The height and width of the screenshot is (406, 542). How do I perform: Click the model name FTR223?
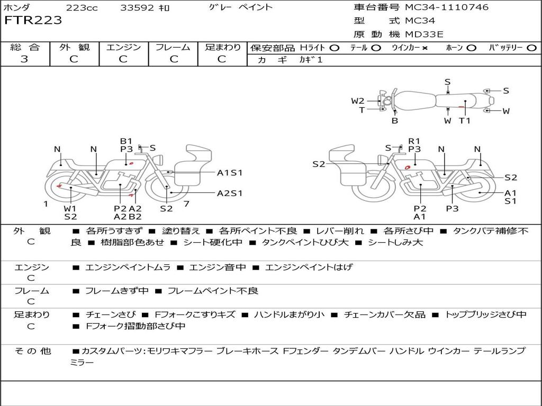click(x=33, y=21)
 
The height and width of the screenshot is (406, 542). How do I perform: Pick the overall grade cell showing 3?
click(x=24, y=59)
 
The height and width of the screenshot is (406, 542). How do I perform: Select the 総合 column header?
click(x=24, y=48)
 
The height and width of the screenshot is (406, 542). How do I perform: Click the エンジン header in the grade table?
click(x=123, y=48)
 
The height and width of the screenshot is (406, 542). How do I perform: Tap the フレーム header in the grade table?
click(x=173, y=48)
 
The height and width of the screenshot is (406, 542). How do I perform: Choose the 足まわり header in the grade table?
click(x=222, y=48)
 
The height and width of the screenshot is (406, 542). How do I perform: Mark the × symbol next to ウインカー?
click(x=425, y=48)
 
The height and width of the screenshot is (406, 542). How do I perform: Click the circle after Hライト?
click(x=334, y=48)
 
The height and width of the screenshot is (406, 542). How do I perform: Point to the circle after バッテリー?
click(x=531, y=48)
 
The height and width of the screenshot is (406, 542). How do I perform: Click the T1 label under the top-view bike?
click(x=464, y=121)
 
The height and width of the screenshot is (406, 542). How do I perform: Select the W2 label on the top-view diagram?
click(x=358, y=101)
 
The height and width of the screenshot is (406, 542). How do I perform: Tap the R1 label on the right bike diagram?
click(x=414, y=141)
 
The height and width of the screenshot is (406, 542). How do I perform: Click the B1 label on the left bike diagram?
click(x=126, y=141)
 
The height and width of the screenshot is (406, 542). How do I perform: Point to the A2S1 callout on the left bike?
click(x=229, y=193)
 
